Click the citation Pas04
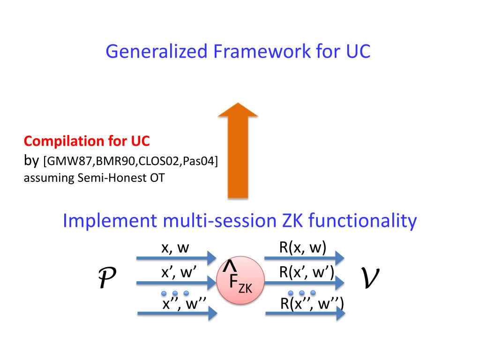coord(199,162)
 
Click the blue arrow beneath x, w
coord(176,258)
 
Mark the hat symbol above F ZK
coord(229,265)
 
